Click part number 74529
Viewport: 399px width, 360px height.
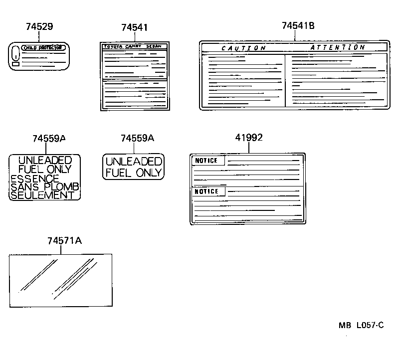[x=39, y=27]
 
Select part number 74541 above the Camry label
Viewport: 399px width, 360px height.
[x=134, y=28]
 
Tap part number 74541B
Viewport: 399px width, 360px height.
[x=298, y=26]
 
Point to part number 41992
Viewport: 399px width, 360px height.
[x=249, y=138]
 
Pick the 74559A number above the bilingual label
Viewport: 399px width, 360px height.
[x=49, y=139]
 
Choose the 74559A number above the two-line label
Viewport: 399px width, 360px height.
[x=137, y=139]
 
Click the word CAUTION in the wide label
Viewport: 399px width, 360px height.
[x=243, y=48]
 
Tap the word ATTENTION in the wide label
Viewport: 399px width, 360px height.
[x=337, y=47]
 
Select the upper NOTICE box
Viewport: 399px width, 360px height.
[x=206, y=161]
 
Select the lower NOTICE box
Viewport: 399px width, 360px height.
[x=206, y=191]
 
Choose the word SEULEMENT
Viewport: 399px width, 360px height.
[x=42, y=195]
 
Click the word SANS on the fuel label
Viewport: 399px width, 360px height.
[x=22, y=186]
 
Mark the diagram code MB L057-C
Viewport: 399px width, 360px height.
[x=361, y=326]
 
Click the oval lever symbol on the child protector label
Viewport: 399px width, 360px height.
[x=15, y=52]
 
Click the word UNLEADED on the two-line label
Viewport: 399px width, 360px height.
[x=134, y=162]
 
